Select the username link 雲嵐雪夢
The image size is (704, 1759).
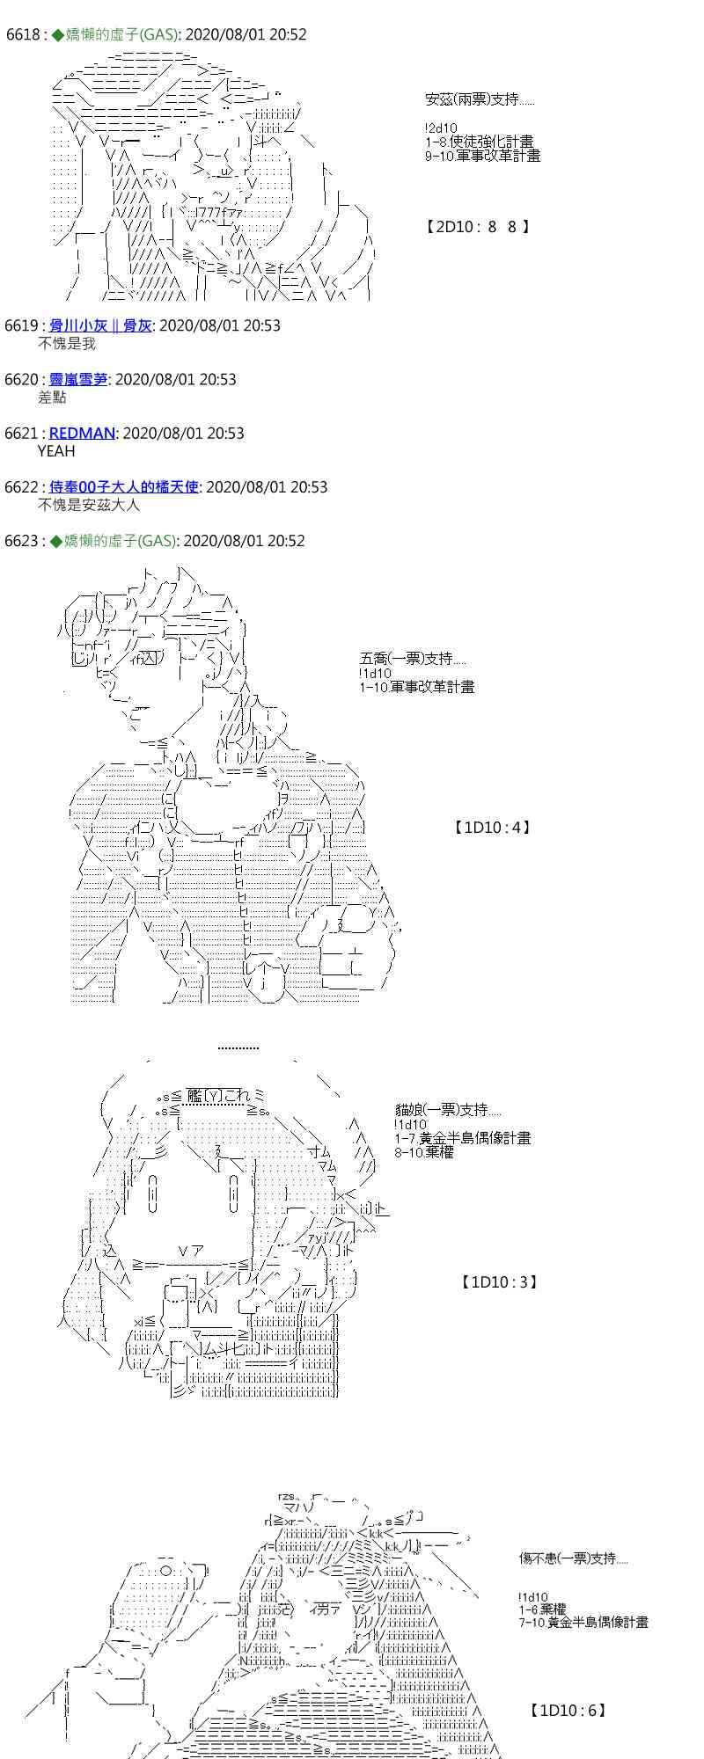pos(78,379)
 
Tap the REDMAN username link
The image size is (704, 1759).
pos(82,433)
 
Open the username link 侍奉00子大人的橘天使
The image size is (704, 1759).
pos(123,486)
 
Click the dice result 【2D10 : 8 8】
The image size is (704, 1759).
pos(477,227)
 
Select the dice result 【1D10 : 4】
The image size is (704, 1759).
pos(492,827)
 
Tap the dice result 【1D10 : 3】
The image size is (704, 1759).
pos(498,1282)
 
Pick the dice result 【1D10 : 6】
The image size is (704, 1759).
pos(568,1711)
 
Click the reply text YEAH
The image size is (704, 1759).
pos(56,451)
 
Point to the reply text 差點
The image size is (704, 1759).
pos(52,398)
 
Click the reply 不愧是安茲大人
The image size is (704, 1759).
pos(88,505)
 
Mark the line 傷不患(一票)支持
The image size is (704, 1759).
pos(572,1558)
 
